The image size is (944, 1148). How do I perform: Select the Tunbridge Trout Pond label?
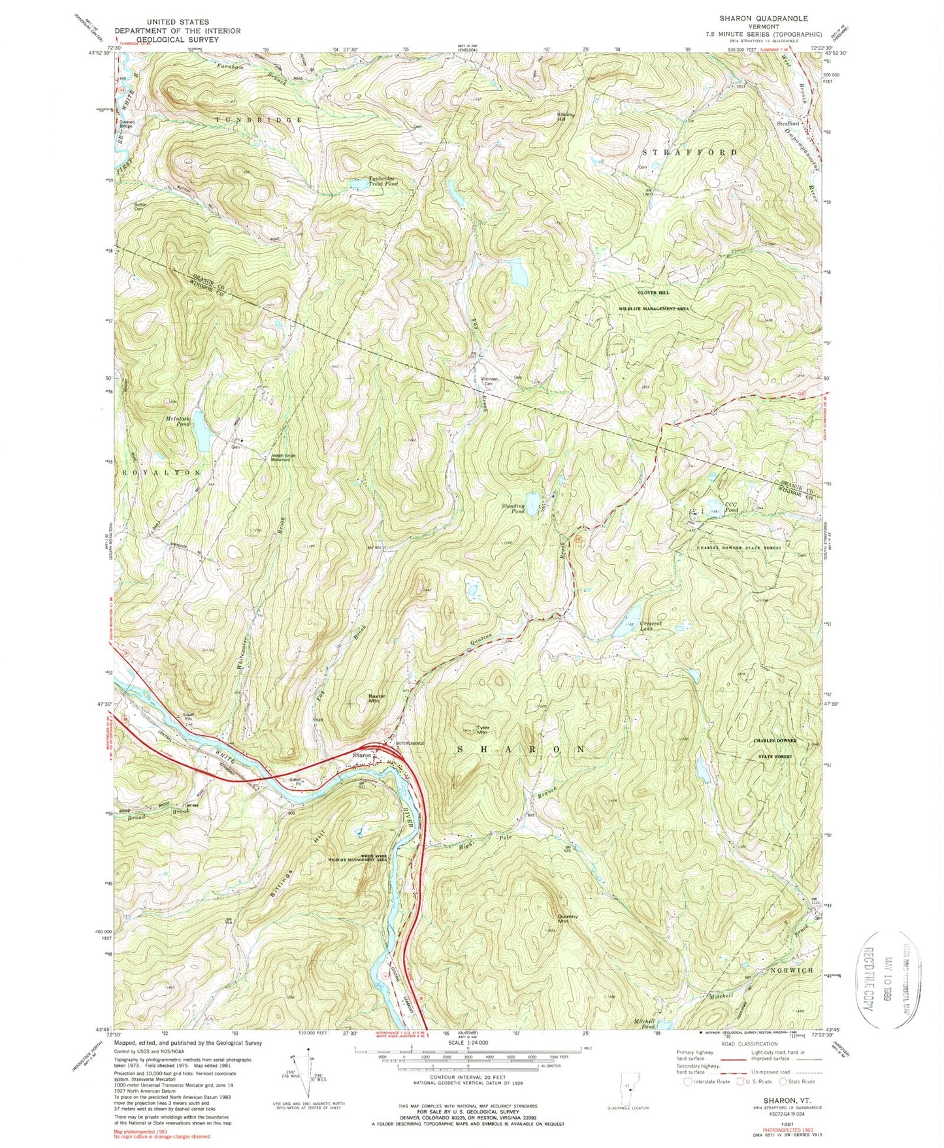click(x=373, y=182)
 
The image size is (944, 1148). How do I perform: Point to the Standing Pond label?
click(x=513, y=507)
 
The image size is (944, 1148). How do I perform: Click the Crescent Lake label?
click(x=651, y=626)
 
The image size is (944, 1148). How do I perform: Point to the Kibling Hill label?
click(x=566, y=117)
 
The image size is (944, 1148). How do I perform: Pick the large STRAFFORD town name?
click(x=690, y=152)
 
